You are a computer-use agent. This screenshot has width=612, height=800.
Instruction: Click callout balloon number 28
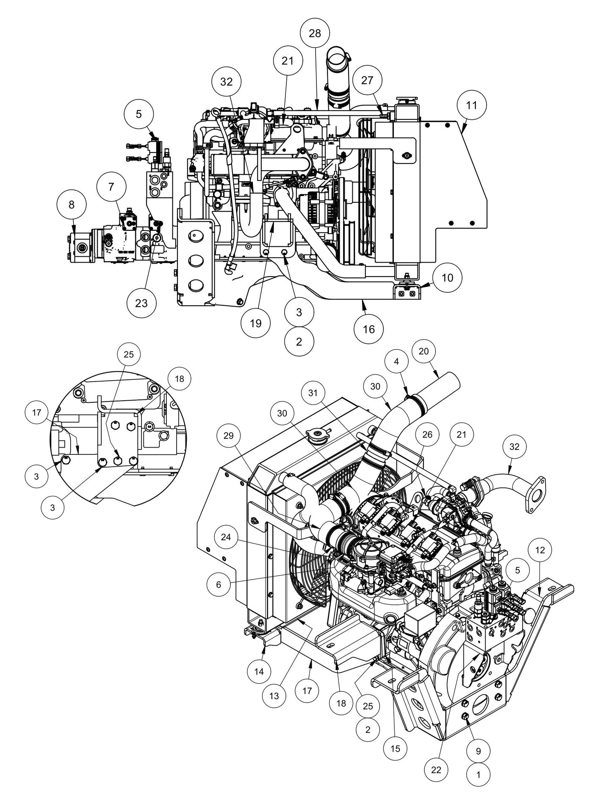(315, 33)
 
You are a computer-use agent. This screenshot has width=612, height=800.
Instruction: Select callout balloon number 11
(471, 105)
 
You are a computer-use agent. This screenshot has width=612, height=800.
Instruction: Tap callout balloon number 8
(71, 205)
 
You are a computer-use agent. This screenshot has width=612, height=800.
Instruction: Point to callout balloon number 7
(111, 187)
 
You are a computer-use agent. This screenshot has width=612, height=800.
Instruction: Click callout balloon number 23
(141, 303)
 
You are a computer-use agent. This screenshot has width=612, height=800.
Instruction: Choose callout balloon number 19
(255, 323)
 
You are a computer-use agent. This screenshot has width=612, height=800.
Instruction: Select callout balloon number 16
(369, 329)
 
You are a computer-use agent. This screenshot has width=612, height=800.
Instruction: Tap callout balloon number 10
(447, 277)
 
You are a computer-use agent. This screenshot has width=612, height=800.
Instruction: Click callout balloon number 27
(367, 80)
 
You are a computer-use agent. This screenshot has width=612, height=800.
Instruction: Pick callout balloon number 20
(424, 351)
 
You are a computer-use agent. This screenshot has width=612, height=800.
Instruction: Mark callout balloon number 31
(313, 393)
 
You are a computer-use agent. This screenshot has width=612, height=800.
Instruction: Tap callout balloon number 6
(219, 584)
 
